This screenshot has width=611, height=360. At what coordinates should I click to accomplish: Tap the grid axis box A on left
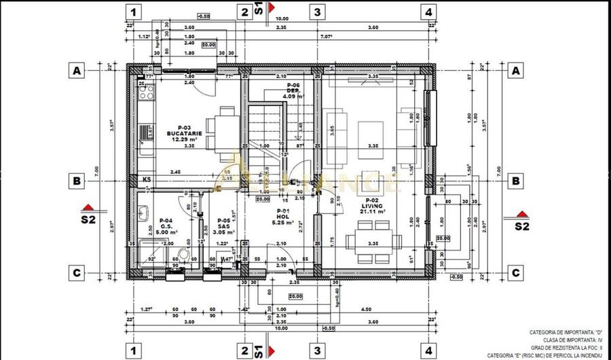click(x=78, y=71)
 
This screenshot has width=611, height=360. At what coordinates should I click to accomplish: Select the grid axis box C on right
click(x=516, y=272)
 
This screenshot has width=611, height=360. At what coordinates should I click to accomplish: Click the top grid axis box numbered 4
click(x=428, y=12)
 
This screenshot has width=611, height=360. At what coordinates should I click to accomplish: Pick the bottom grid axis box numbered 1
click(x=134, y=351)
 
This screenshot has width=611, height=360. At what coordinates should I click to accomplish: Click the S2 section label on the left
click(x=88, y=219)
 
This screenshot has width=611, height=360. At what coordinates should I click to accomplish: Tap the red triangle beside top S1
click(x=271, y=7)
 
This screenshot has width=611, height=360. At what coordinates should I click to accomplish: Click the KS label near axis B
click(x=147, y=179)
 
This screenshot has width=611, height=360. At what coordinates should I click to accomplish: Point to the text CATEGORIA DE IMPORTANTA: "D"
click(x=566, y=332)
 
